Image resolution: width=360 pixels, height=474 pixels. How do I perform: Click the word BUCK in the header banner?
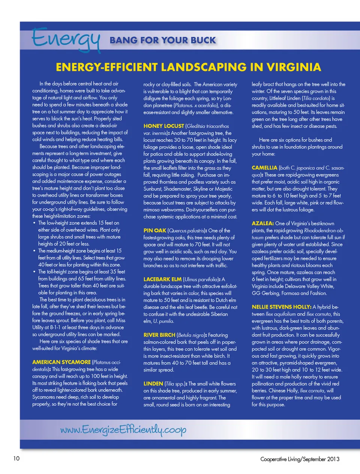[x=202, y=40]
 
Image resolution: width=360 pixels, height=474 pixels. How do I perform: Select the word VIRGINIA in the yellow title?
[x=294, y=67]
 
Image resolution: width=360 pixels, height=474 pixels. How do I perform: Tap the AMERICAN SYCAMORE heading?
[x=61, y=362]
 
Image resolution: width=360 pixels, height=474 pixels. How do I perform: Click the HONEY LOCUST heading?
[x=163, y=126]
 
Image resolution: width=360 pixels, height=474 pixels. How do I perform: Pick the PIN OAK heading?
[x=154, y=230]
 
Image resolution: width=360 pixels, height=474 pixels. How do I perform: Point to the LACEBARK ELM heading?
[x=162, y=279]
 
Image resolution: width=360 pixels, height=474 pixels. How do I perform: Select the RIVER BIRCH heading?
[x=159, y=335]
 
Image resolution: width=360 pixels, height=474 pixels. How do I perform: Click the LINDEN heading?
[x=153, y=383]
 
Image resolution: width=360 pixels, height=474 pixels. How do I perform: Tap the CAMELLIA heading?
[x=264, y=167]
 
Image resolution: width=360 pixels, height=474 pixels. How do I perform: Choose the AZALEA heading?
[x=262, y=223]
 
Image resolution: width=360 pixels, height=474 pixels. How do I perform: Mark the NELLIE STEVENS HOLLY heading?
[x=281, y=307]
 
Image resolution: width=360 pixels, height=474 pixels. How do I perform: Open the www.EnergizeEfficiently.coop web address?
[x=123, y=429]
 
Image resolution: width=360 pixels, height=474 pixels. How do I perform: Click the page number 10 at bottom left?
[x=16, y=458]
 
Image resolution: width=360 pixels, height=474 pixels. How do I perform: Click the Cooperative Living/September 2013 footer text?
[x=300, y=459]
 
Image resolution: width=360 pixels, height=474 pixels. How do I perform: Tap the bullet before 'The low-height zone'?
[x=34, y=223]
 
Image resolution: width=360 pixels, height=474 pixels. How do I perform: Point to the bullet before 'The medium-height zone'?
[x=34, y=251]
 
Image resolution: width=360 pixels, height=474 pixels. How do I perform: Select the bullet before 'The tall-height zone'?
[x=34, y=272]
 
